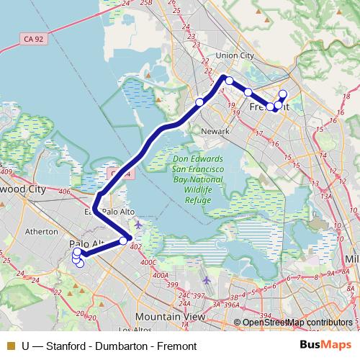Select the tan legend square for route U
click(x=9, y=346)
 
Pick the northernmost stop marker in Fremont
click(x=283, y=94)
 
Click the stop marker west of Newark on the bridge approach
click(x=199, y=102)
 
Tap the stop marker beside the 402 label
click(x=124, y=240)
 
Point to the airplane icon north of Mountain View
click(x=207, y=279)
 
